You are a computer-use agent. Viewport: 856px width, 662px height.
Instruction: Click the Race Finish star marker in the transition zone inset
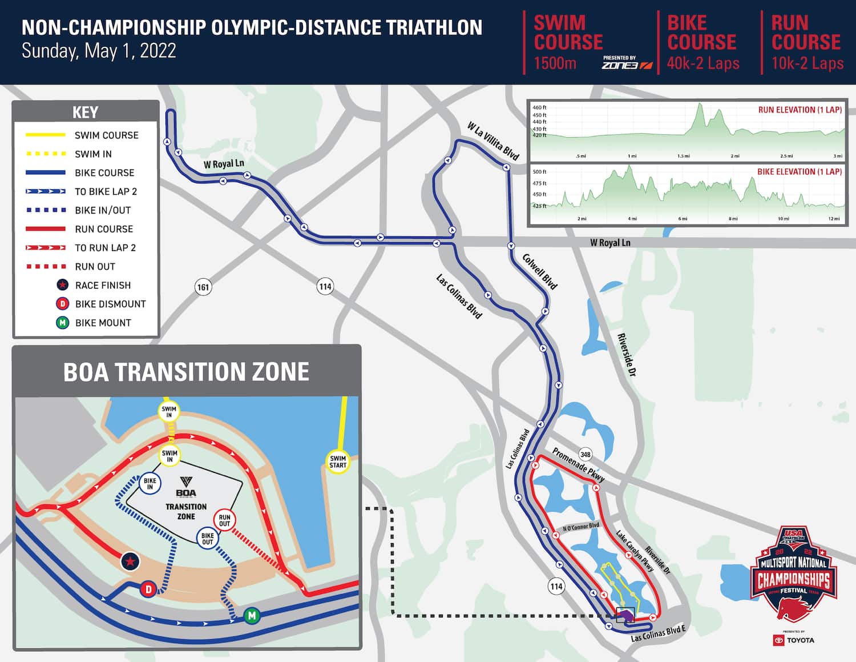click(130, 561)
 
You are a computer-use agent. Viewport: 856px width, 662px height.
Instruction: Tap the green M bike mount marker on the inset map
click(252, 616)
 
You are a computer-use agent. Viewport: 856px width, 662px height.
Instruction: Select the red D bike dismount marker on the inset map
click(148, 589)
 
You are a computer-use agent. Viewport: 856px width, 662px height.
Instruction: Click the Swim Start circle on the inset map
click(338, 462)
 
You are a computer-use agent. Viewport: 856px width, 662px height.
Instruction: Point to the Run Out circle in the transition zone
click(224, 520)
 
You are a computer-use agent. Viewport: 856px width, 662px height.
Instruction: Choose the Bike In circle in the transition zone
click(150, 484)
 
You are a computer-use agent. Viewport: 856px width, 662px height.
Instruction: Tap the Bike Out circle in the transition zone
click(207, 539)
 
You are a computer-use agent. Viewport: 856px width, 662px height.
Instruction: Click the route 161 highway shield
click(203, 287)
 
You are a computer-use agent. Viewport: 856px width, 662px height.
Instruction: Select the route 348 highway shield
click(585, 455)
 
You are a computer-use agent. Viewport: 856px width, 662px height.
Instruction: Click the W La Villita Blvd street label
click(493, 141)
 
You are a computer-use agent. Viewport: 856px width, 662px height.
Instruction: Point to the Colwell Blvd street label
click(539, 271)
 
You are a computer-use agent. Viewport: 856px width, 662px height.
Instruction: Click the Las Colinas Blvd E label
click(658, 633)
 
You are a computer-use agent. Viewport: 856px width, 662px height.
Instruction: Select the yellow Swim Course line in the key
click(46, 135)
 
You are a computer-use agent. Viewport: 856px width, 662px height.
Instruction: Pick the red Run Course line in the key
click(46, 229)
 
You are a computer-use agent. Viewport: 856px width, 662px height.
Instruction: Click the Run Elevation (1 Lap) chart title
click(800, 110)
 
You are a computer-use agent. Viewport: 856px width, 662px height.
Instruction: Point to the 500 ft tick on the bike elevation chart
click(539, 172)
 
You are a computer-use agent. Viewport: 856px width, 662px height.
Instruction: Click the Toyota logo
click(794, 640)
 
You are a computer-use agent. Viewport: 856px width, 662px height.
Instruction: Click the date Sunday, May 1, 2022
click(99, 51)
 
